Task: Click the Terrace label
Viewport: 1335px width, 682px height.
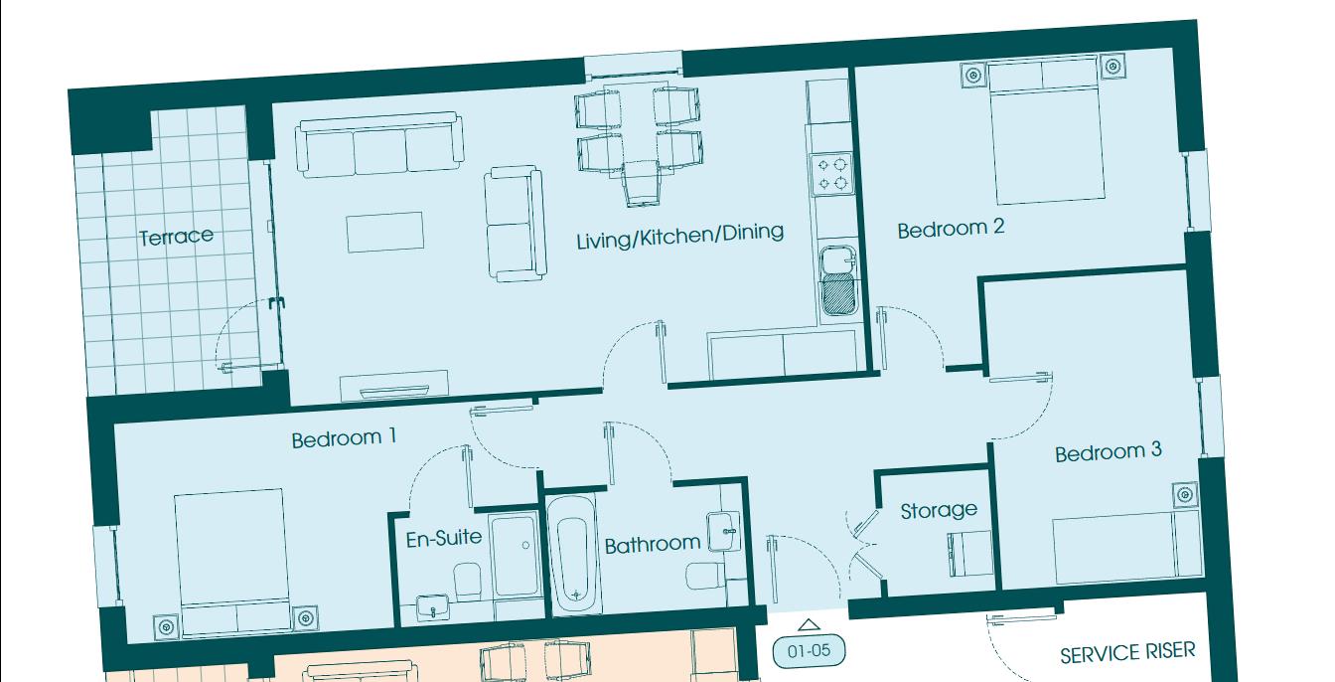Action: click(x=176, y=236)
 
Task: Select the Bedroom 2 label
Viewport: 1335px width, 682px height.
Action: click(x=951, y=229)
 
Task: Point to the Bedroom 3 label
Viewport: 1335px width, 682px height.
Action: click(x=1108, y=452)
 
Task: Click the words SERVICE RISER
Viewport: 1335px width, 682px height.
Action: click(x=1127, y=653)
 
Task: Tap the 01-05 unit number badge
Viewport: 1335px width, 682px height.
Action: click(x=809, y=653)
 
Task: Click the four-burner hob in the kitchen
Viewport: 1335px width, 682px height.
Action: click(x=831, y=173)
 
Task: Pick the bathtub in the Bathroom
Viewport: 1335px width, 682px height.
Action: click(x=573, y=554)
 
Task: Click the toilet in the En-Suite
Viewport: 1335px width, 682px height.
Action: click(x=467, y=579)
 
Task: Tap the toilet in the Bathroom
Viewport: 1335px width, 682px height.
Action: click(x=704, y=576)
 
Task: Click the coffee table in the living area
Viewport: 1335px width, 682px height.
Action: click(x=384, y=233)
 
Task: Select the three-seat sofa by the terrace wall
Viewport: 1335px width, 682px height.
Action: click(x=381, y=146)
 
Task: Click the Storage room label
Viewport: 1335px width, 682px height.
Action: click(x=938, y=510)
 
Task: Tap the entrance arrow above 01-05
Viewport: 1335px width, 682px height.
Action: click(x=809, y=625)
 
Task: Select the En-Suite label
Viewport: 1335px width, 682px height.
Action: click(x=444, y=538)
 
